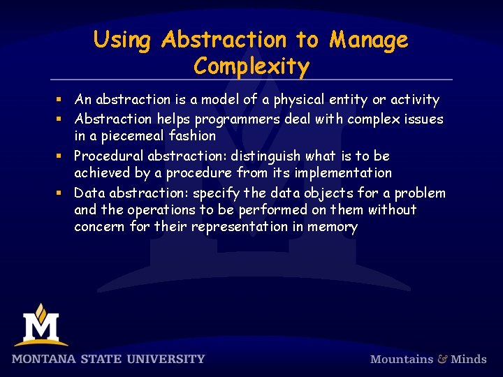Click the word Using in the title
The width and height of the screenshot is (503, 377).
pos(122,40)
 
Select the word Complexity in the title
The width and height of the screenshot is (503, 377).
pos(251,67)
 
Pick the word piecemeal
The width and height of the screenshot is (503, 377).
pos(129,136)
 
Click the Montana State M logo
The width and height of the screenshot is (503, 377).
pos(41,325)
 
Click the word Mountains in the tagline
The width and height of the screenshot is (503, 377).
pos(402,359)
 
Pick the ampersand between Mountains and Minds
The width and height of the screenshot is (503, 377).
pos(442,359)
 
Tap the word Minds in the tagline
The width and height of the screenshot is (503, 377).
pos(469,359)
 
